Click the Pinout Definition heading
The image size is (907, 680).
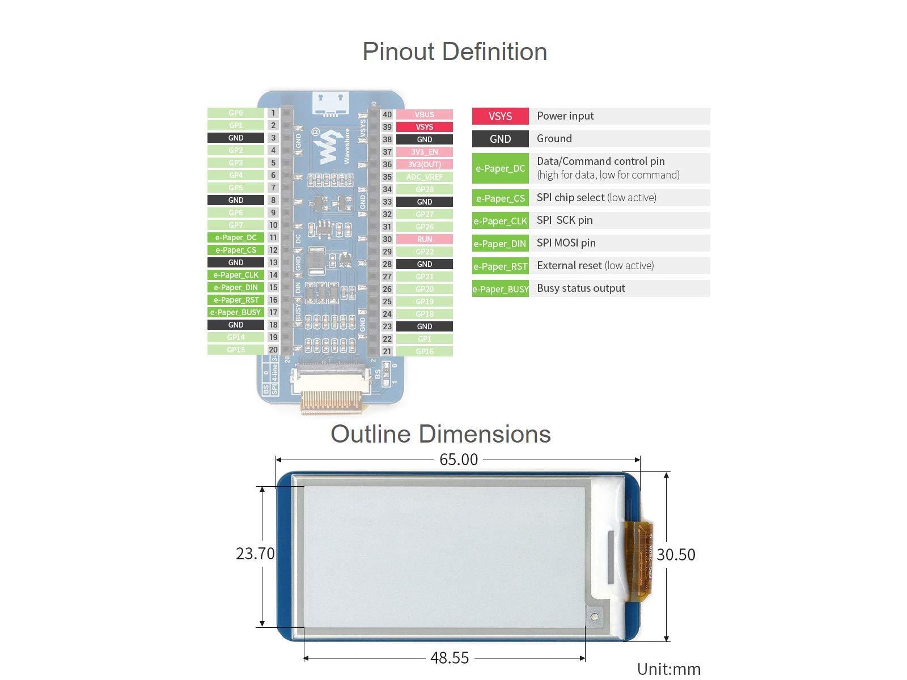[x=455, y=52]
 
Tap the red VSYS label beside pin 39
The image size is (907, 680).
[x=424, y=127]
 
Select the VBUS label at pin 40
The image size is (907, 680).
[x=424, y=114]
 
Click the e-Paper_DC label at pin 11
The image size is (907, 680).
[x=236, y=237]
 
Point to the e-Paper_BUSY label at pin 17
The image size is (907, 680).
[x=236, y=312]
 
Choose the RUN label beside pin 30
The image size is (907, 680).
[x=424, y=239]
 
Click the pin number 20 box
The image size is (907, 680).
[x=273, y=350]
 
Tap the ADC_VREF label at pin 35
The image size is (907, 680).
[x=424, y=177]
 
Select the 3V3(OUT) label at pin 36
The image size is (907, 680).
[x=424, y=164]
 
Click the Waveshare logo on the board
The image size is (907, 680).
[x=328, y=147]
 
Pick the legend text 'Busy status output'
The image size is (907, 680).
[x=580, y=288]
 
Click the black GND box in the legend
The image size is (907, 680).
[x=500, y=139]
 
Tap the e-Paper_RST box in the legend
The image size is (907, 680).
[x=500, y=266]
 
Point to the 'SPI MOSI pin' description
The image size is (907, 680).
[x=566, y=243]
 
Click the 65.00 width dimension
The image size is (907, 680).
[x=459, y=460]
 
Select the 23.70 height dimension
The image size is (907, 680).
[x=255, y=554]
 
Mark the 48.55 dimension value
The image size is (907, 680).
[x=450, y=657]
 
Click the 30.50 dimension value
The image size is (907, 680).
[x=676, y=555]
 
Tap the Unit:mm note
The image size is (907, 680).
[x=669, y=669]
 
